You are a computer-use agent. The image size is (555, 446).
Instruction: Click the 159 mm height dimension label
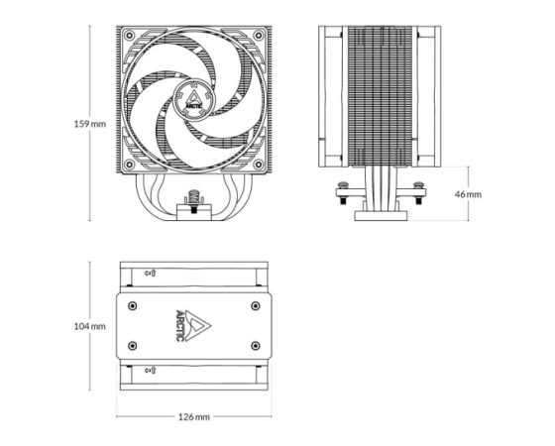[x=89, y=124]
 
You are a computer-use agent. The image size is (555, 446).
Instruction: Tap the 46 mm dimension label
[x=468, y=194]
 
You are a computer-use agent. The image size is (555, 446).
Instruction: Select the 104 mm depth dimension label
[x=89, y=326]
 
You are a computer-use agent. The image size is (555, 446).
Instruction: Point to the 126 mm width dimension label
[x=193, y=417]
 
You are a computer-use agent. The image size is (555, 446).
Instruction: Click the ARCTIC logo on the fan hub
[x=193, y=100]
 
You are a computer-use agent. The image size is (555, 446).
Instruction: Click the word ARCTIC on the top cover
[x=180, y=326]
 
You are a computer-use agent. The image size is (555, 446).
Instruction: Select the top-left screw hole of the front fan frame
[x=129, y=35]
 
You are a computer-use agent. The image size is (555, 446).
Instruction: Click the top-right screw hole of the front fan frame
[x=259, y=35]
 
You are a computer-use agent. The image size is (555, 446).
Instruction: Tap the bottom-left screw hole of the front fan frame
[x=129, y=165]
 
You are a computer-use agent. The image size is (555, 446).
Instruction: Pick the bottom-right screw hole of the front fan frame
[x=259, y=165]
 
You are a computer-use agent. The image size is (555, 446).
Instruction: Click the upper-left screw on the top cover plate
[x=133, y=306]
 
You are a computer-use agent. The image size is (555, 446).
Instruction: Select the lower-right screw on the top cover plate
[x=256, y=346]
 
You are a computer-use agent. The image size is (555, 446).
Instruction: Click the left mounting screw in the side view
[x=343, y=193]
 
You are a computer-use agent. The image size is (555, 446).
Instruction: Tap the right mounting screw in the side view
[x=418, y=193]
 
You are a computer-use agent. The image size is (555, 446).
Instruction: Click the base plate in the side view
[x=381, y=216]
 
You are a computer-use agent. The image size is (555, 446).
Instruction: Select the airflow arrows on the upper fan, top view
[x=151, y=273]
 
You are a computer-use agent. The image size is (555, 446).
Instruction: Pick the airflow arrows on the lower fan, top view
[x=151, y=371]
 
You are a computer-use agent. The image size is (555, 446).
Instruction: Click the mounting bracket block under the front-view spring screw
[x=194, y=212]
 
